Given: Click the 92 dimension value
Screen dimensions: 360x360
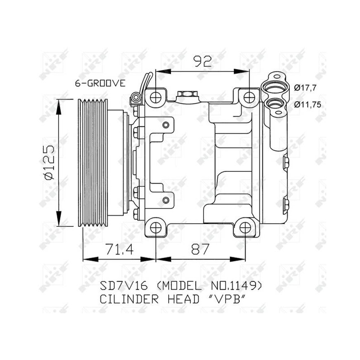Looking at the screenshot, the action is pyautogui.click(x=202, y=61).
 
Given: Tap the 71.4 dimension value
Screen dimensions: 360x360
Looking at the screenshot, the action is pyautogui.click(x=119, y=249).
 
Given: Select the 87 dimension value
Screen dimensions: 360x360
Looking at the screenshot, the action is pyautogui.click(x=200, y=249).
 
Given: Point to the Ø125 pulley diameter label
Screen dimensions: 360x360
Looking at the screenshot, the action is pyautogui.click(x=49, y=162).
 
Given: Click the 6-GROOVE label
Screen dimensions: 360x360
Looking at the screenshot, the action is pyautogui.click(x=100, y=83).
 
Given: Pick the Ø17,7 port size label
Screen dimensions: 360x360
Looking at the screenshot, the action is pyautogui.click(x=306, y=88).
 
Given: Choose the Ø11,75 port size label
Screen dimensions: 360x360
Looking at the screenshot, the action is pyautogui.click(x=308, y=105).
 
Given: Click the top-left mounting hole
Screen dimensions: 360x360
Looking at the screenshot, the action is pyautogui.click(x=156, y=98).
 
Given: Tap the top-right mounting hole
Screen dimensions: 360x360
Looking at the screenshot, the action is pyautogui.click(x=249, y=98).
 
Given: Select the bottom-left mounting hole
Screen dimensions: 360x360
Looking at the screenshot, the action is pyautogui.click(x=156, y=228).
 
